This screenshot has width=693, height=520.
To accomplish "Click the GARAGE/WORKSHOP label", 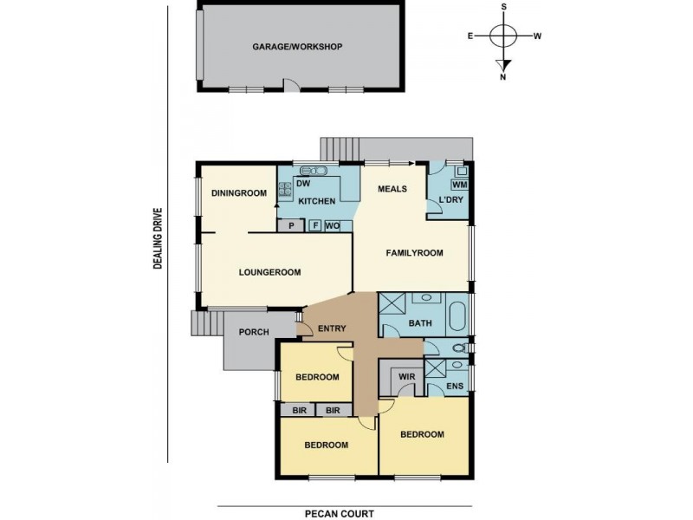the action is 297,47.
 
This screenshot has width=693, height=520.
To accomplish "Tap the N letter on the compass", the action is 503,77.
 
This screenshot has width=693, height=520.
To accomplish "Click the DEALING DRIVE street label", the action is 158,238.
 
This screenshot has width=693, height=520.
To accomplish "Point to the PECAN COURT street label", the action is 340,513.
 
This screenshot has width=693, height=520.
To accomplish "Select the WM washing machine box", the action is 460,185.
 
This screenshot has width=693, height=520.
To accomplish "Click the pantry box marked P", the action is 291,225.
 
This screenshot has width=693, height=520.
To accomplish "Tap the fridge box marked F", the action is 315,225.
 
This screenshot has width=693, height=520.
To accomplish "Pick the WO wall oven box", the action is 333,226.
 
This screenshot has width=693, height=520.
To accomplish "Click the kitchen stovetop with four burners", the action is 285,189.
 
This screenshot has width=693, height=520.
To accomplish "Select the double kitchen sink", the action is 313,171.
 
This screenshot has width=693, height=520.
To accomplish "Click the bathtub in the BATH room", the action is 457,316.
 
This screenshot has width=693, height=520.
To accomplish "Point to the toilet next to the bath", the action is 461,348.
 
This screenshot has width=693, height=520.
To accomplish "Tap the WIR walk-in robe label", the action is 406,377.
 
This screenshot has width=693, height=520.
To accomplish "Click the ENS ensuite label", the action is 455,386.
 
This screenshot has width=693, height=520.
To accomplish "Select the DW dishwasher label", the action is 303,184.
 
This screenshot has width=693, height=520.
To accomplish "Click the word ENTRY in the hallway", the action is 332,328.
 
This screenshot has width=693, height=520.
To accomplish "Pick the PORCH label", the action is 254,332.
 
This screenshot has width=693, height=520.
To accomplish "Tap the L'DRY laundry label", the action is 450,200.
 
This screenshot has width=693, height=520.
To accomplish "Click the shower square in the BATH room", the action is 389,303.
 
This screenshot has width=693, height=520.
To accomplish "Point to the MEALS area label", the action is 392,189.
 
